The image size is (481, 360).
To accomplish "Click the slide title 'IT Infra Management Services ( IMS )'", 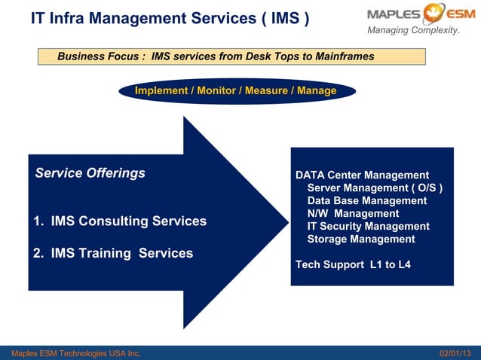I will coord(170,18).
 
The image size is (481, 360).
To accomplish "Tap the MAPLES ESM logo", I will coord(414,14).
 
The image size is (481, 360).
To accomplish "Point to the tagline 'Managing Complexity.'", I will coord(413,30).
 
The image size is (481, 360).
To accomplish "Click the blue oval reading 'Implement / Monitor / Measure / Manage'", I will coord(236,91).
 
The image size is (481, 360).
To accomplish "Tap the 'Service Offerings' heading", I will coord(90,173).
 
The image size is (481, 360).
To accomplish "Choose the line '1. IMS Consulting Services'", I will coord(120,221).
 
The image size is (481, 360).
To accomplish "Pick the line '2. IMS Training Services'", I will coord(113,254).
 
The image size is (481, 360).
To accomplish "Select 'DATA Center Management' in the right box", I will coord(362,175).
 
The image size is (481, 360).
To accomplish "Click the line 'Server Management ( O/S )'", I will coord(375,188).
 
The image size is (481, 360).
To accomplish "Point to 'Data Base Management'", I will coord(367,201).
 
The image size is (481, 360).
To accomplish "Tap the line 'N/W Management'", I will coord(353,214).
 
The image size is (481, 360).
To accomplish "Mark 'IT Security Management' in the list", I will coord(368,227).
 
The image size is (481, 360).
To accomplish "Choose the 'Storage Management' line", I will coord(361,239).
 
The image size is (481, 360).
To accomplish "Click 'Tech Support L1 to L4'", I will coord(353,265).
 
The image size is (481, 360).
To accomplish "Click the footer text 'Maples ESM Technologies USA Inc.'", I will coord(72,353).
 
